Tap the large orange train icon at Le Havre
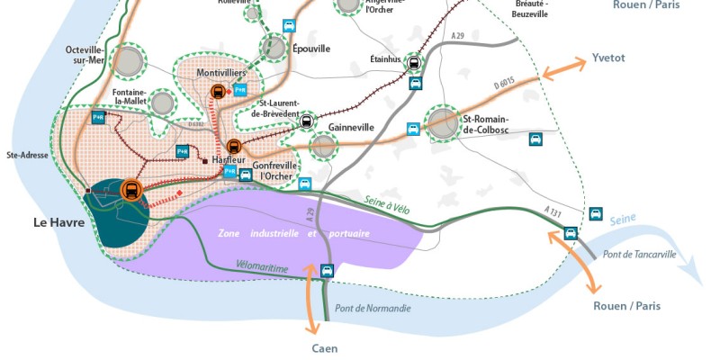[x=130, y=190]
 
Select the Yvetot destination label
[x=608, y=58]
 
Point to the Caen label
[x=325, y=348]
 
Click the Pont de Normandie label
[x=373, y=309]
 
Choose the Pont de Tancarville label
[x=640, y=255]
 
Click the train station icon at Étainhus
[x=414, y=63]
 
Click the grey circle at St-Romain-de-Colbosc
[x=444, y=124]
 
